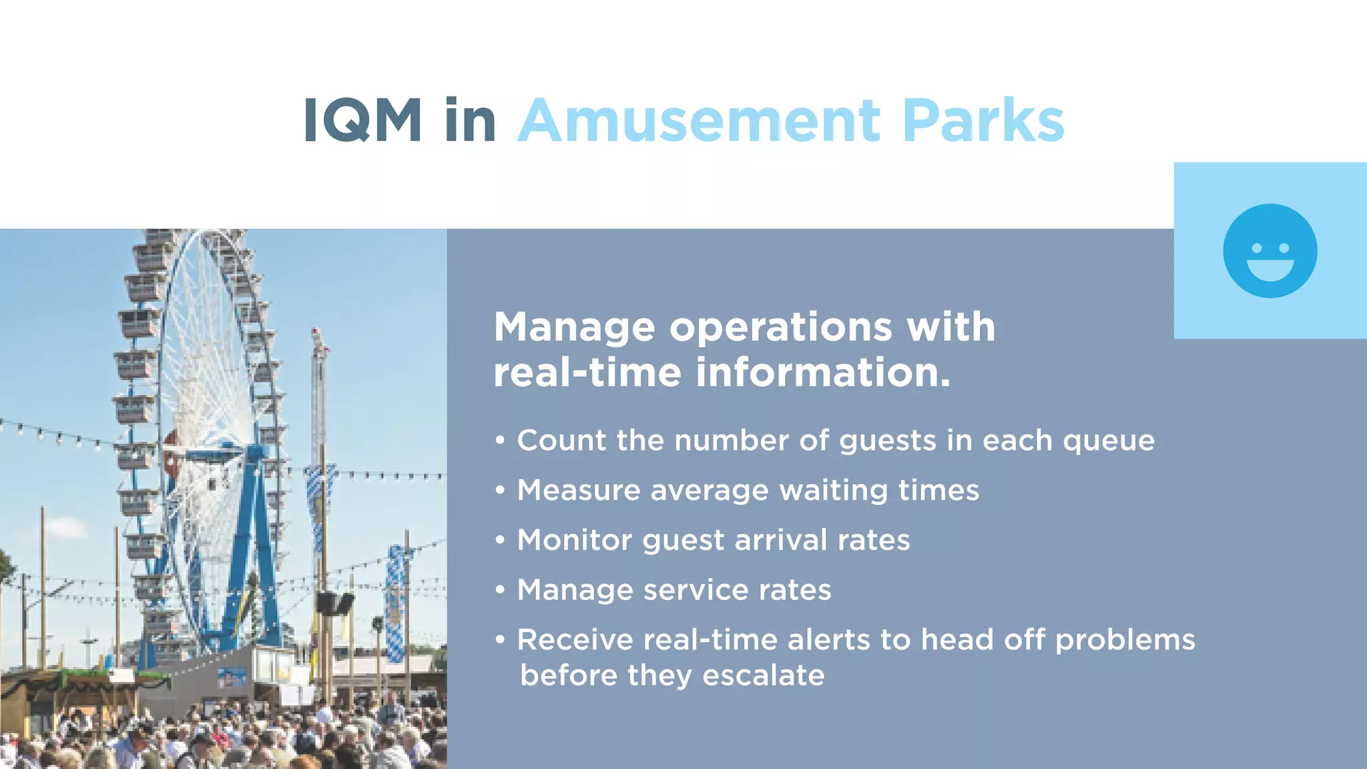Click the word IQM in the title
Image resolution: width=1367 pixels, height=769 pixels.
coord(362,120)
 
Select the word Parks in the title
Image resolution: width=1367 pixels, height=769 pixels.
coord(983,120)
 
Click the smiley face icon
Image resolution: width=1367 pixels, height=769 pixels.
coord(1270,251)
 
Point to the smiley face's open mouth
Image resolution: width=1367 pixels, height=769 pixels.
coord(1270,269)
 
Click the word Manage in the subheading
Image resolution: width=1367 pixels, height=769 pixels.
coord(574,327)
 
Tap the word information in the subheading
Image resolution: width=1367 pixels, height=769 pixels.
coord(822,372)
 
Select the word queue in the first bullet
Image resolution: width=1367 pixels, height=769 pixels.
coord(1108,441)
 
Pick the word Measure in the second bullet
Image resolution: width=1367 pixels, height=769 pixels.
coord(579,491)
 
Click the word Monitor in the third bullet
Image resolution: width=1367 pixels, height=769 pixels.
coord(574,540)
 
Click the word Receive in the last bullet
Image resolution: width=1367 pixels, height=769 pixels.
coord(575,640)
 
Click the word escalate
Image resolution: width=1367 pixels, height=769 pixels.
coord(763,676)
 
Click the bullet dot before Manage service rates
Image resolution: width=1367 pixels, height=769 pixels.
coord(500,590)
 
